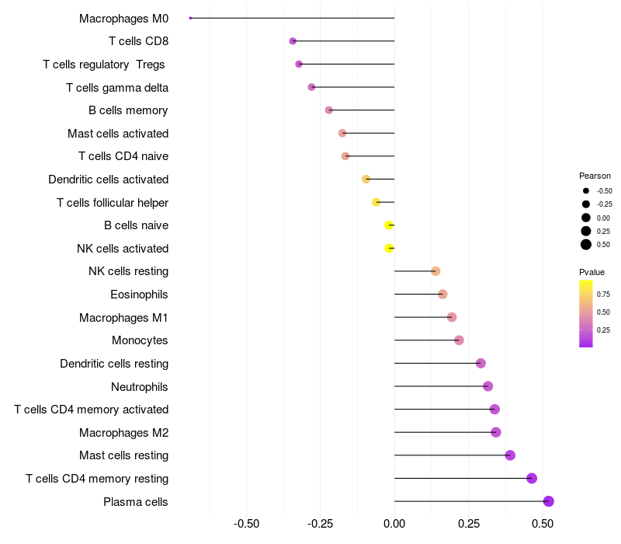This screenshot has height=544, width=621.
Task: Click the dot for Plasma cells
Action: tap(548, 501)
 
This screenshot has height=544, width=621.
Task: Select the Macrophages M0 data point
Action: tap(190, 18)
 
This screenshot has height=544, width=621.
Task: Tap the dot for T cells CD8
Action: tap(293, 41)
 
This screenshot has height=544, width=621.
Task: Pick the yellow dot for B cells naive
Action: tap(389, 225)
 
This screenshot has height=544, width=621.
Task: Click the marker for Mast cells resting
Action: tap(510, 455)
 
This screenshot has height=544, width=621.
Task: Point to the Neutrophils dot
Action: tap(487, 386)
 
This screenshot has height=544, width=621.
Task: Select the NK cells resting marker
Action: tap(435, 271)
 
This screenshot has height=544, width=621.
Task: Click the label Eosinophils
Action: tap(140, 295)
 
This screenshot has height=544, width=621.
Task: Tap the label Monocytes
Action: tap(140, 340)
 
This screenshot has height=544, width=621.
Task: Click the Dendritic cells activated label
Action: tap(108, 180)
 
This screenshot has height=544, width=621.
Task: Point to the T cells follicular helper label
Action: tap(113, 203)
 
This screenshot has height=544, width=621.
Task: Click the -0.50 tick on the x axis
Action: tap(246, 524)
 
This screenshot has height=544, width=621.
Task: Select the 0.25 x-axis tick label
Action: tap(468, 524)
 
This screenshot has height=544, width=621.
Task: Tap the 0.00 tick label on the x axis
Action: tap(394, 524)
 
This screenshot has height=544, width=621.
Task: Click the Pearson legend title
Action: tap(595, 176)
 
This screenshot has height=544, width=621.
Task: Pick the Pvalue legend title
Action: tap(592, 272)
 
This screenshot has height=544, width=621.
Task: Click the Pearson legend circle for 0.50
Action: tap(586, 245)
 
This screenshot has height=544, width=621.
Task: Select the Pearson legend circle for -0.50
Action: tap(586, 190)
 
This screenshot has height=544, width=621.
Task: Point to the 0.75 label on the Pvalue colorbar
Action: tap(603, 294)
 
